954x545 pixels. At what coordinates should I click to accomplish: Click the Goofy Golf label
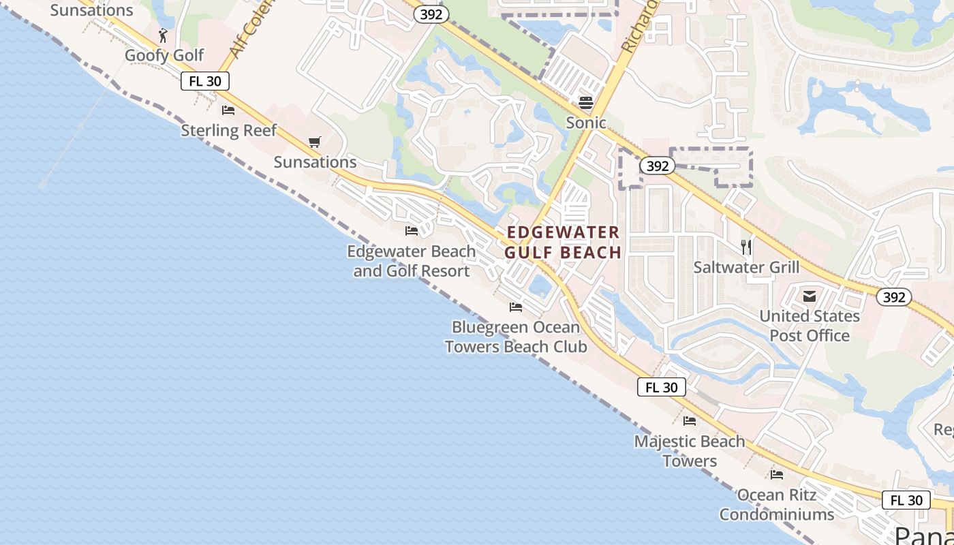tap(164, 55)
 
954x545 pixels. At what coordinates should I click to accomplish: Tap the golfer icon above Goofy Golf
tap(163, 35)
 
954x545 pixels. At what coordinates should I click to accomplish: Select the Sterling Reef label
tap(228, 130)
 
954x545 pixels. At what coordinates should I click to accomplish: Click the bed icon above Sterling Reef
tap(228, 110)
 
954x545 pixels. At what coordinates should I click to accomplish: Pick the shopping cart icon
tap(314, 142)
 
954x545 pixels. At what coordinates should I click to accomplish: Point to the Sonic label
tap(586, 123)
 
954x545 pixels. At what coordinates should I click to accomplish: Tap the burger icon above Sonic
tap(586, 103)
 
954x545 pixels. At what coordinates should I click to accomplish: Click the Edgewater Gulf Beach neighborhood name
tap(563, 243)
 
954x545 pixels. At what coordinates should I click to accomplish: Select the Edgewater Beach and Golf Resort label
tap(412, 261)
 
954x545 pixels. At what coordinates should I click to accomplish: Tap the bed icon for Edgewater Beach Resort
tap(412, 232)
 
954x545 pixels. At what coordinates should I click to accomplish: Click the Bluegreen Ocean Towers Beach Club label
tap(516, 337)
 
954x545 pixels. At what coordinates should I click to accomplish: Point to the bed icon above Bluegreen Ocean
tap(516, 307)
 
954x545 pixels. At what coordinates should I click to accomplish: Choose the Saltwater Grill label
tap(746, 267)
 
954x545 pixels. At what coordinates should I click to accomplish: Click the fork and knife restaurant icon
tap(746, 247)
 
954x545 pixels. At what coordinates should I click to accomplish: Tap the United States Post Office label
tap(810, 326)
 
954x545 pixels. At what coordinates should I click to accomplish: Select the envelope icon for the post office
tap(810, 296)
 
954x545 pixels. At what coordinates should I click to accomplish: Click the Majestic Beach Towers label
tap(690, 451)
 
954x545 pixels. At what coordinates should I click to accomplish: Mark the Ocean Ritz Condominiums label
tap(777, 504)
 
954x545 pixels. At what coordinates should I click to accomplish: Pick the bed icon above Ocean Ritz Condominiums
tap(777, 475)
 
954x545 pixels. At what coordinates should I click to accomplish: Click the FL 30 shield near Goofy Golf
tap(205, 81)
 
